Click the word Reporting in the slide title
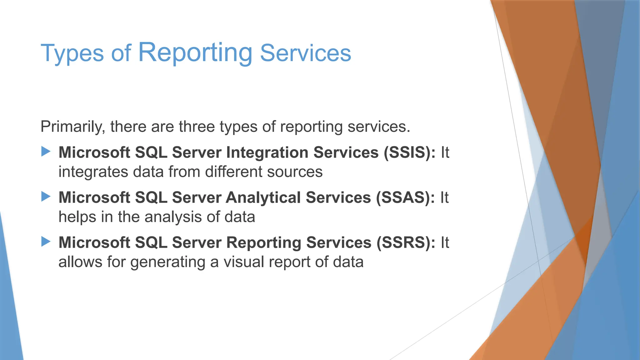[195, 52]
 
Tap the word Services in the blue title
[305, 53]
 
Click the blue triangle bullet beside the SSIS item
[46, 152]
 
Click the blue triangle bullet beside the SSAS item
[46, 197]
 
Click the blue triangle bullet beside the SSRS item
[46, 242]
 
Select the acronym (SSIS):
[409, 153]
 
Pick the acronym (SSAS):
[405, 198]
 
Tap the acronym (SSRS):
[406, 243]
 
